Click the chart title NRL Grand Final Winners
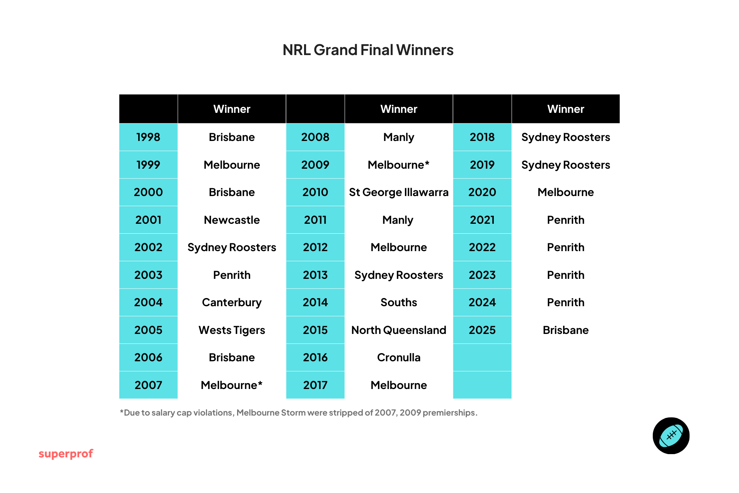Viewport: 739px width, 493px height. [368, 50]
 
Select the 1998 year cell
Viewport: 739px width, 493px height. [148, 137]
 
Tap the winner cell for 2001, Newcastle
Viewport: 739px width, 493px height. [232, 220]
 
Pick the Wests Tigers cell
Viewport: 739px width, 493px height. [232, 330]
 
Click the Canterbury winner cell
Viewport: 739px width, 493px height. [232, 302]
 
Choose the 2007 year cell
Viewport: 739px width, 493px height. [148, 385]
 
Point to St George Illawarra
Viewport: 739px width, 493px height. [398, 192]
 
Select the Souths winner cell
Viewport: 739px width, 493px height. [398, 302]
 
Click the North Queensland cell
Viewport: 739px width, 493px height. [398, 330]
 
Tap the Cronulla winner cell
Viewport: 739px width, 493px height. [398, 357]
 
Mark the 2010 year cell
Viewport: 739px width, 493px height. [315, 192]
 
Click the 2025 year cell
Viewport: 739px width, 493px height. [482, 330]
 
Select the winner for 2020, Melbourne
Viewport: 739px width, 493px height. [565, 192]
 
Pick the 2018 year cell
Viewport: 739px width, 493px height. [482, 137]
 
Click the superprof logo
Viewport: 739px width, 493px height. [66, 454]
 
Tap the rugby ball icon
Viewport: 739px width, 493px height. [671, 436]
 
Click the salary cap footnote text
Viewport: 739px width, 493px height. [298, 413]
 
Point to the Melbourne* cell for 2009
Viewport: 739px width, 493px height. [398, 165]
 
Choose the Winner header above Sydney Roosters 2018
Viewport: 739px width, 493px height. [565, 109]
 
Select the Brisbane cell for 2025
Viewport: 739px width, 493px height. [565, 330]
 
